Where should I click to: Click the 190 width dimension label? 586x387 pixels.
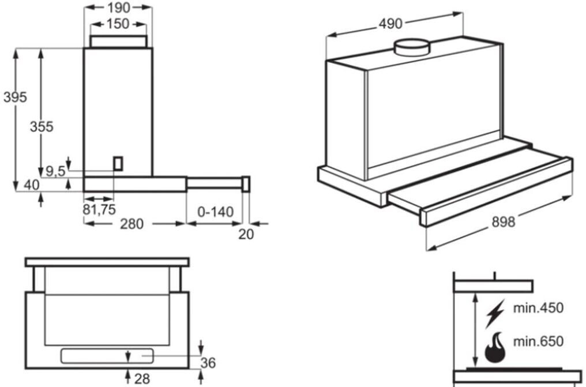118,7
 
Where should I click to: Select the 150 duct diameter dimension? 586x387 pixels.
118,24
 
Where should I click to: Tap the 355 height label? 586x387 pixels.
42,126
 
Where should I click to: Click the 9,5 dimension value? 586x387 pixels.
55,171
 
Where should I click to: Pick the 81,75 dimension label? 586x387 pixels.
99,209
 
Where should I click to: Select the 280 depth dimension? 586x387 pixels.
132,224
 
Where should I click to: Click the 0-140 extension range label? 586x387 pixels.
215,212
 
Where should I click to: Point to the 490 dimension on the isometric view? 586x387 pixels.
390,24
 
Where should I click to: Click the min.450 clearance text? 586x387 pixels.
538,307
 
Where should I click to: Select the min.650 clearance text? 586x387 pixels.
538,341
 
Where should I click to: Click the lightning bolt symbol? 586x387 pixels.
494,311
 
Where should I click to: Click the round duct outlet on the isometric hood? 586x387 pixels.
411,47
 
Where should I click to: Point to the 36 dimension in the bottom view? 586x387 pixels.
208,363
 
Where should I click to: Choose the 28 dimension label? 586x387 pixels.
141,379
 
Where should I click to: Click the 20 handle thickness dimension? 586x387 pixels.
246,234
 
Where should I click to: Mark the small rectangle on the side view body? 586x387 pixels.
118,163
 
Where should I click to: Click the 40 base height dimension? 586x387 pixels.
32,185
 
